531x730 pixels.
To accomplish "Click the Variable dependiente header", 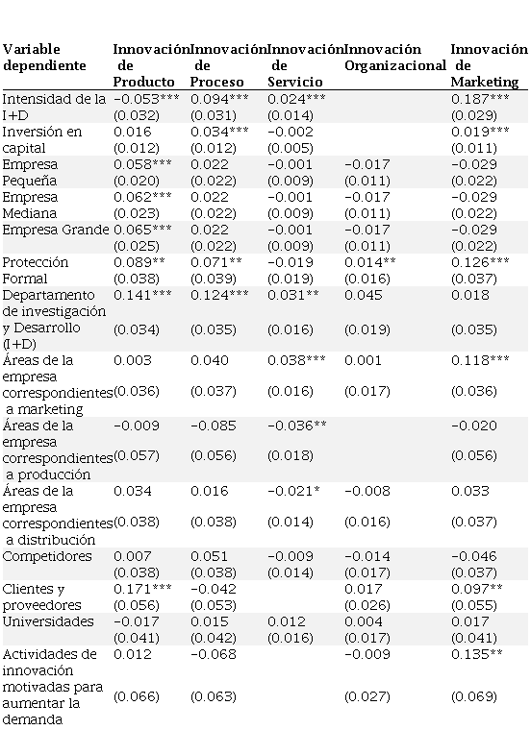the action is tap(44, 58).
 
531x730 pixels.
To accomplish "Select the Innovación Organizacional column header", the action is tap(395, 58).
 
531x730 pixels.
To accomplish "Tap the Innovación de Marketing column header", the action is tap(489, 65).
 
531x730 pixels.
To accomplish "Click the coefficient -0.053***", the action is tap(142, 99).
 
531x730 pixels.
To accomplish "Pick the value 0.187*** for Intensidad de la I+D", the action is tap(480, 99).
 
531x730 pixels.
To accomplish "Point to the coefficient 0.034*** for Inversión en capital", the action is tap(219, 132).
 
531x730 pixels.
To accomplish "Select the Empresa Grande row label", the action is tap(56, 230).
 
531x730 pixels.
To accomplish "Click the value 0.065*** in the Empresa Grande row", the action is tap(142, 230).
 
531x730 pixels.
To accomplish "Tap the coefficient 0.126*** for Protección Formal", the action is tap(480, 262).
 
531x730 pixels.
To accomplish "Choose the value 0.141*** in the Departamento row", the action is tap(142, 295).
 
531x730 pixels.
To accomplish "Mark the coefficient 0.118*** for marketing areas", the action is tap(480, 360).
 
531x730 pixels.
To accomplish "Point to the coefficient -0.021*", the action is tap(293, 491).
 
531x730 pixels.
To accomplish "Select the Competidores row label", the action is tap(47, 556).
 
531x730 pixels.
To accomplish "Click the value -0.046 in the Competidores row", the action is tap(473, 556).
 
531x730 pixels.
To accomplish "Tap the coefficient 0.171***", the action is tap(142, 589).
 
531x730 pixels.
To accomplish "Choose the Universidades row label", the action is tap(48, 621).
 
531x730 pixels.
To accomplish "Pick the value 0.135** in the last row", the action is tap(477, 654).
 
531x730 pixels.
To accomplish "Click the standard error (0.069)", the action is tap(473, 696).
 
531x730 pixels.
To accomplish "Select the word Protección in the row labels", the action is tap(36, 262).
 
